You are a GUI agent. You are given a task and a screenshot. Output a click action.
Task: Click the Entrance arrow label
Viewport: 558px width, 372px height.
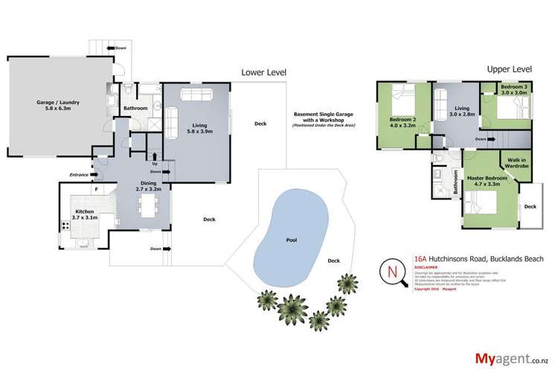(76, 175)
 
